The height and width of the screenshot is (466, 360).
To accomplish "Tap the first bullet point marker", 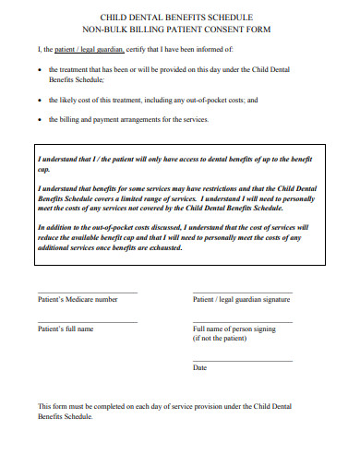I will pos(37,69).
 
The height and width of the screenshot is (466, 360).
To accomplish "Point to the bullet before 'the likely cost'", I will pos(37,99).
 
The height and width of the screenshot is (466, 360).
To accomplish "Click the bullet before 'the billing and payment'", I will pos(37,119).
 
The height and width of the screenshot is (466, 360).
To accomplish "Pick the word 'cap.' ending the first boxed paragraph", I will pos(43,169).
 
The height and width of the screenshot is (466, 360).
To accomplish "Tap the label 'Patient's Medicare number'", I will pos(78,300).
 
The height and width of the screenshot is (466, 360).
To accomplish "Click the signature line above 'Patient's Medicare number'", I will pos(87,293).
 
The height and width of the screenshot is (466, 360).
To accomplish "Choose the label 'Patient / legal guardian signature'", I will pos(242,300).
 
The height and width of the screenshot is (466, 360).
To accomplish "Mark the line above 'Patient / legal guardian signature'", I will pos(242,293).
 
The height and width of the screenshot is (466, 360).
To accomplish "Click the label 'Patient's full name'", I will pos(66,329).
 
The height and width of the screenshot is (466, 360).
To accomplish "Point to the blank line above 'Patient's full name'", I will pos(87,322).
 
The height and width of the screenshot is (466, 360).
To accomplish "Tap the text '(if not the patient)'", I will pos(221,339).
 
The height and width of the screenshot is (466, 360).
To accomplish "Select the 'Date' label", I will pos(199,367).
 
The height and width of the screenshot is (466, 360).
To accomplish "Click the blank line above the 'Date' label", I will pos(242,360).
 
